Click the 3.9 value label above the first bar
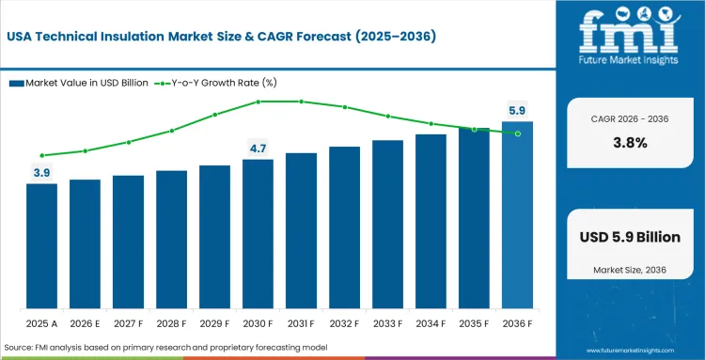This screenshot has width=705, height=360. pyautogui.click(x=41, y=173)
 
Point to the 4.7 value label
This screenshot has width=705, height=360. pyautogui.click(x=258, y=149)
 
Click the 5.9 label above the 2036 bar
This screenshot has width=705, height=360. pyautogui.click(x=517, y=111)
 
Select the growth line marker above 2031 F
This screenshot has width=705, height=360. pyautogui.click(x=301, y=102)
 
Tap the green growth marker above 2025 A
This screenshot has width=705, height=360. pyautogui.click(x=41, y=155)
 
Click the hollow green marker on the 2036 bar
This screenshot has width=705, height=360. pyautogui.click(x=517, y=133)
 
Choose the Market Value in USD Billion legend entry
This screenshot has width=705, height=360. pyautogui.click(x=79, y=83)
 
